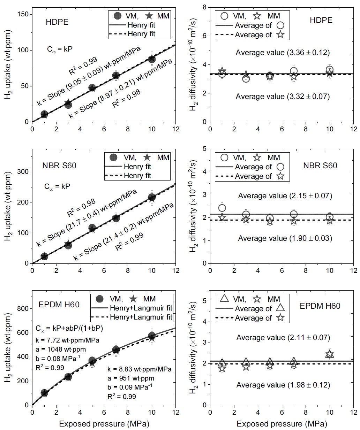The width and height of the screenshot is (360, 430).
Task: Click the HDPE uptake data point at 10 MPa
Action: (x=152, y=59)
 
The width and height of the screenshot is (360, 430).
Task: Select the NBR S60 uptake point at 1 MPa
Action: (x=44, y=256)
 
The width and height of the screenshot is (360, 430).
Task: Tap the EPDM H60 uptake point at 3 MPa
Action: (x=68, y=377)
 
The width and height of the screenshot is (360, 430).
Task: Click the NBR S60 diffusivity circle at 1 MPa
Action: (x=222, y=208)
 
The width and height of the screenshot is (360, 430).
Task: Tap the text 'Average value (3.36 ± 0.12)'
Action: (x=283, y=53)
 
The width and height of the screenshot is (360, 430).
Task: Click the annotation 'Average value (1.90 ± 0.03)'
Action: (x=285, y=238)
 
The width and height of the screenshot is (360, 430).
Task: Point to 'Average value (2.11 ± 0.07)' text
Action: (x=283, y=337)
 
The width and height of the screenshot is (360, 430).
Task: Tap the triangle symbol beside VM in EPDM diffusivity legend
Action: (x=224, y=299)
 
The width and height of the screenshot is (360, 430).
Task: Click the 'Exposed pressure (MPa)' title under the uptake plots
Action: (x=104, y=424)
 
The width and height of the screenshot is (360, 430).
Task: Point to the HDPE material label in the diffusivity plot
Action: (x=321, y=20)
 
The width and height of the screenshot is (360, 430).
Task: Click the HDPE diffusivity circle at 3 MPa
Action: (x=246, y=79)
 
